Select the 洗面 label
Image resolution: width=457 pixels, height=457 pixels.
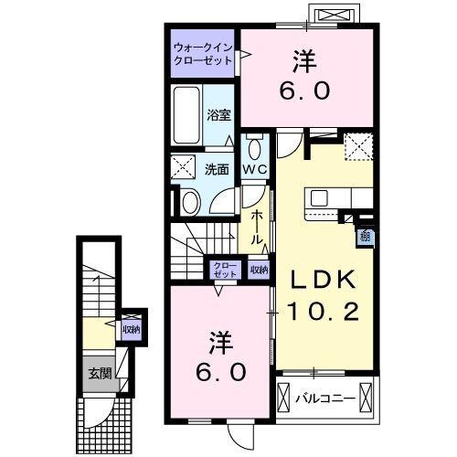pyautogui.click(x=217, y=168)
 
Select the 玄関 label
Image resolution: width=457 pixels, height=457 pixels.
pyautogui.click(x=99, y=373)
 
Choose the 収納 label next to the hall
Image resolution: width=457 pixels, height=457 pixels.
pyautogui.click(x=259, y=270)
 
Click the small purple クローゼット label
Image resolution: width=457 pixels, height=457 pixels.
pyautogui.click(x=225, y=270)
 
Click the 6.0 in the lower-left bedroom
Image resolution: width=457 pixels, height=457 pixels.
pyautogui.click(x=219, y=372)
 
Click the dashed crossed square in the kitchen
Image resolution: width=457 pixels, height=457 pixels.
pyautogui.click(x=356, y=144)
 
